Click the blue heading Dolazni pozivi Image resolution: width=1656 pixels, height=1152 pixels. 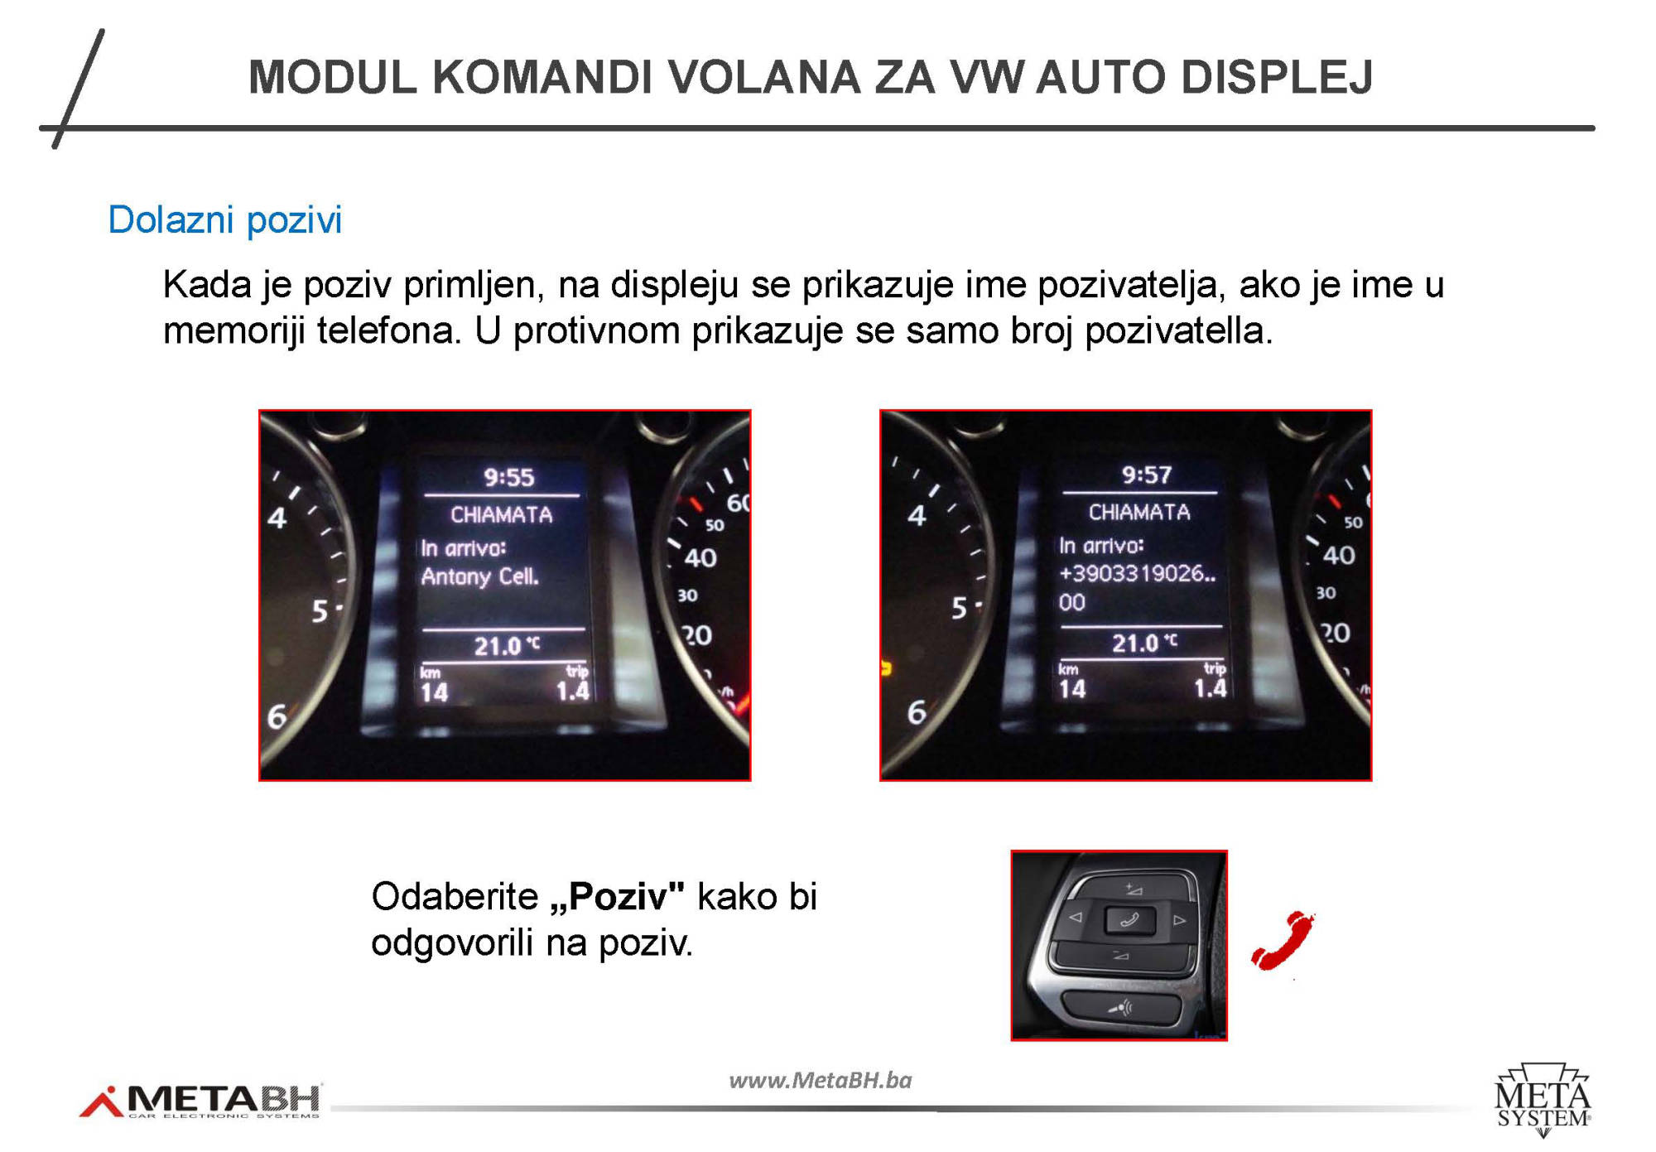click(x=224, y=220)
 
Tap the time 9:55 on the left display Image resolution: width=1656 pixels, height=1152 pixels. click(x=509, y=477)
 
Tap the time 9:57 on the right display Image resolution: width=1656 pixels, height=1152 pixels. click(x=1147, y=475)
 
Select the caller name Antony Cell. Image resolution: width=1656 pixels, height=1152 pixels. click(x=479, y=576)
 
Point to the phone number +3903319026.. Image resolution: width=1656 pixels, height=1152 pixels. click(x=1137, y=573)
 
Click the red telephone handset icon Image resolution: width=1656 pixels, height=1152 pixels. click(x=1283, y=940)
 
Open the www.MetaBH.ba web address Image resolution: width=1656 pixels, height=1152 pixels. click(x=820, y=1080)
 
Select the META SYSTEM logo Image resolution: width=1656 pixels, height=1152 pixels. click(x=1543, y=1099)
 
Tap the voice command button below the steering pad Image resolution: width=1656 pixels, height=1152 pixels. click(x=1120, y=1008)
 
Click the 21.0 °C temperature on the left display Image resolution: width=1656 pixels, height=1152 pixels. click(x=507, y=645)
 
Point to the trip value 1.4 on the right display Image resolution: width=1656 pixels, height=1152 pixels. click(x=1210, y=687)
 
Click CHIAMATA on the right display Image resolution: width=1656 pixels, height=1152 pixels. click(x=1139, y=513)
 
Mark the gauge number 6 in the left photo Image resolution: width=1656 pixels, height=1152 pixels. click(x=276, y=716)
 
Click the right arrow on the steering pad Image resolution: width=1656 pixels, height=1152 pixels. click(x=1180, y=919)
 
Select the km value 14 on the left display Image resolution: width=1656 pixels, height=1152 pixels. click(x=434, y=692)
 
